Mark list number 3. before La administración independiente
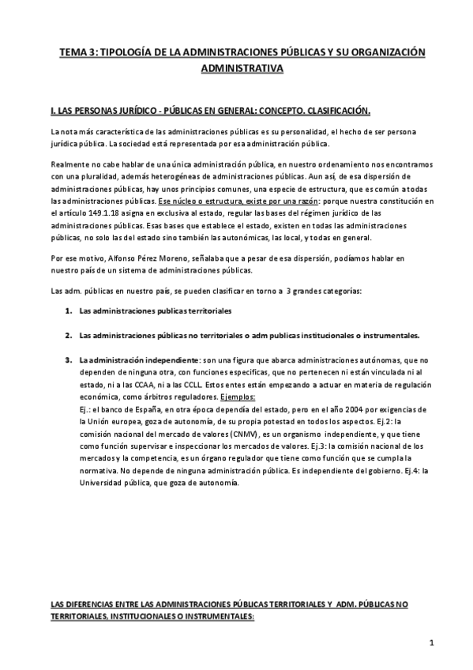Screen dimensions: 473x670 69,359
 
